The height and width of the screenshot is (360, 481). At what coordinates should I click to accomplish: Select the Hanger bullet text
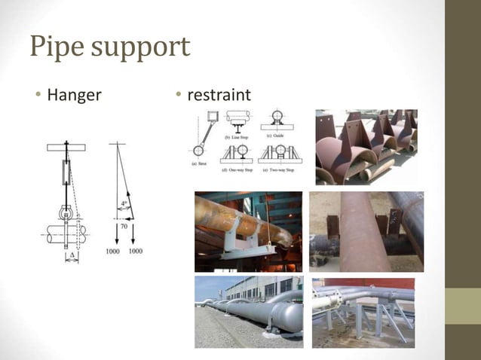[x=74, y=96]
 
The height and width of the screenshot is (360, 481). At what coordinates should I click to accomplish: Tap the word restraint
[x=219, y=96]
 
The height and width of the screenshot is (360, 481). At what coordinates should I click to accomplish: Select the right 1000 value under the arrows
[x=136, y=250]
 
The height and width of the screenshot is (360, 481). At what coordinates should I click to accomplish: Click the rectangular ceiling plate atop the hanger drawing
[x=66, y=147]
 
